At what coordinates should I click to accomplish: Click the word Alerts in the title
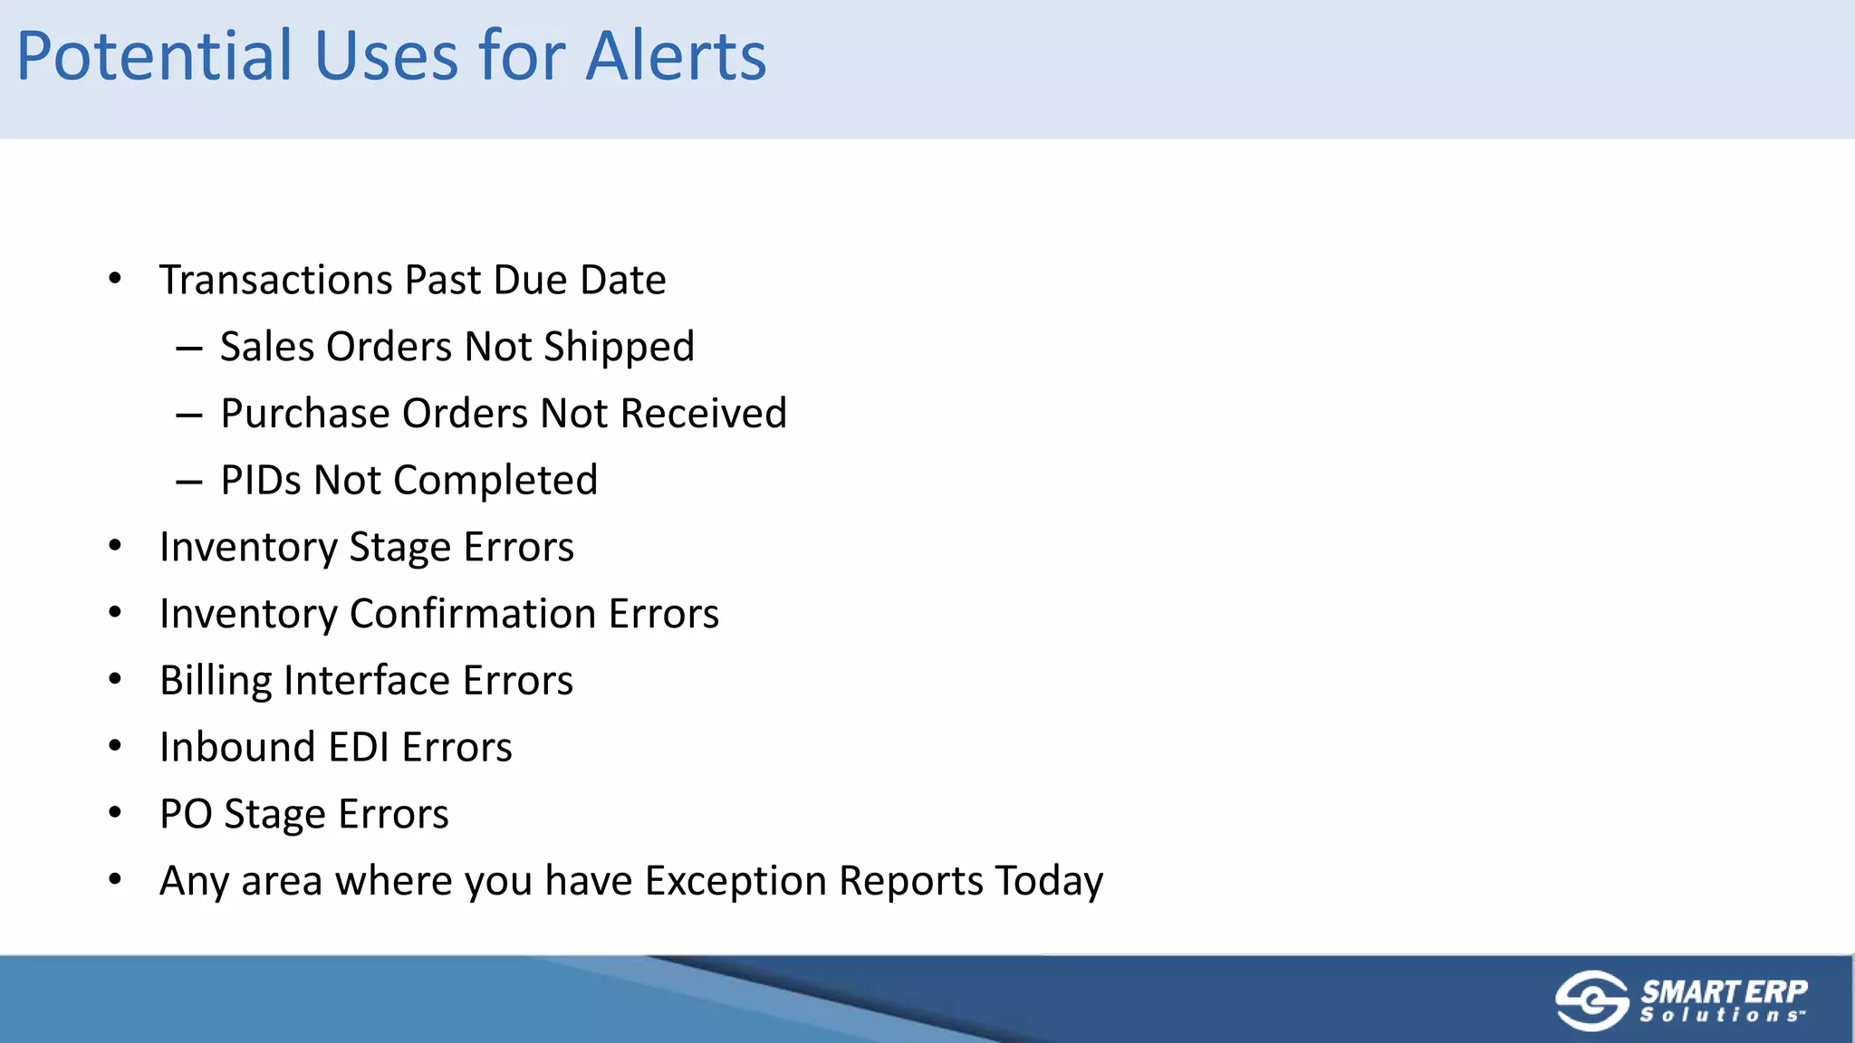[x=676, y=56]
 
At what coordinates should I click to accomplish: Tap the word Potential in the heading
[x=154, y=56]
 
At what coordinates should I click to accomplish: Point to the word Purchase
[x=304, y=414]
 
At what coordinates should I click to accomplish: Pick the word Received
[x=703, y=414]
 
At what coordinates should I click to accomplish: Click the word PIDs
[x=260, y=481]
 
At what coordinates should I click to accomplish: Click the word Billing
[x=216, y=681]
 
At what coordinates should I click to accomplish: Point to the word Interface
[x=367, y=681]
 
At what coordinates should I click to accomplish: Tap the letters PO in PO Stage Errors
[x=186, y=814]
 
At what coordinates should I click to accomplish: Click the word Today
[x=1049, y=881]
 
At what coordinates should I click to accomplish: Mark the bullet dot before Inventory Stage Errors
[x=115, y=546]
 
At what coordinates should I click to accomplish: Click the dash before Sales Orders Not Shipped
[x=189, y=349]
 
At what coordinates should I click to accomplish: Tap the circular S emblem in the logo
[x=1591, y=1000]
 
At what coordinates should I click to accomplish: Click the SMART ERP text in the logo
[x=1724, y=991]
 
